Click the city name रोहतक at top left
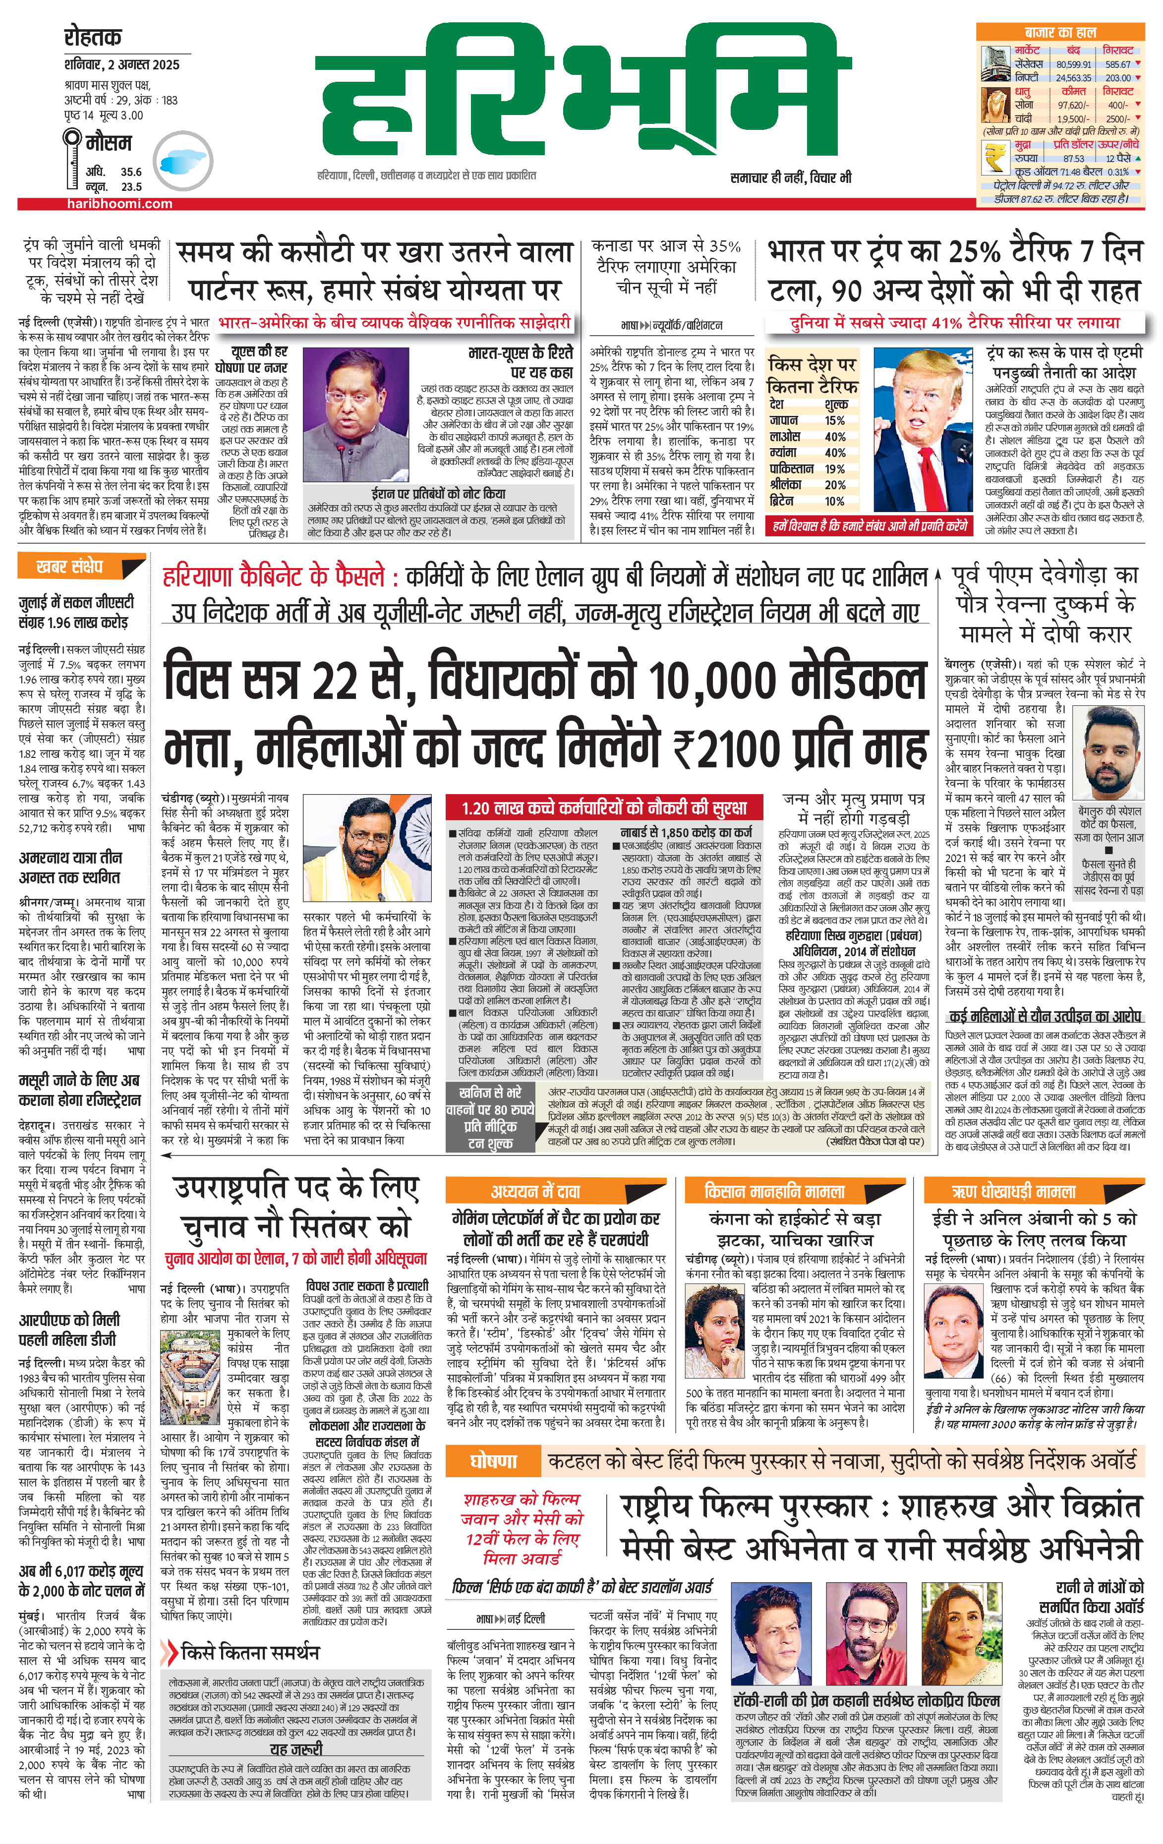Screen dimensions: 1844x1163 click(x=93, y=37)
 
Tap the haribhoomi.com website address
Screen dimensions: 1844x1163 click(x=119, y=204)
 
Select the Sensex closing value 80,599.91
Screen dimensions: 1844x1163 click(x=1073, y=64)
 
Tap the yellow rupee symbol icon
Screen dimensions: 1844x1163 click(x=996, y=157)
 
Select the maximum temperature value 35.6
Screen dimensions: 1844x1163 click(x=131, y=173)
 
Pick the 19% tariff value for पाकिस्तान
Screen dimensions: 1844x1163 click(x=834, y=468)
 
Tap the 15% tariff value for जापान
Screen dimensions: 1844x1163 click(x=834, y=420)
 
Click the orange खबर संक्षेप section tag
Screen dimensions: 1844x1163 click(x=70, y=567)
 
